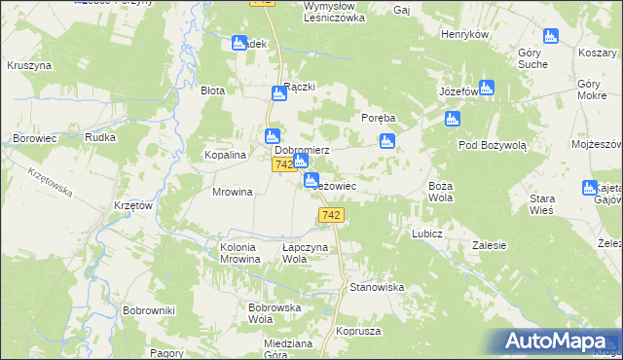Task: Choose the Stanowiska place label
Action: (377, 287)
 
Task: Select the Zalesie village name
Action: (493, 246)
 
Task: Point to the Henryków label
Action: (463, 34)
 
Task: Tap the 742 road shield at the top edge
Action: (261, 4)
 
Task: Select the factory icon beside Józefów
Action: (487, 87)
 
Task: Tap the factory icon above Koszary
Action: (551, 37)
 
